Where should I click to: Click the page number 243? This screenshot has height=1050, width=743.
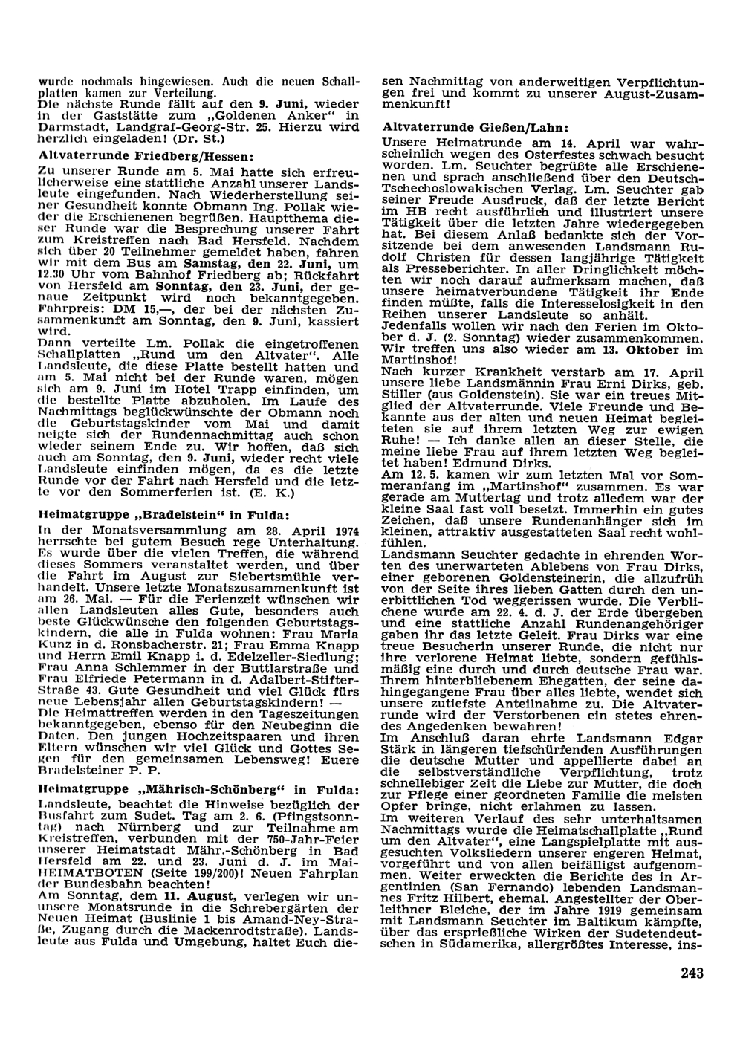point(690,973)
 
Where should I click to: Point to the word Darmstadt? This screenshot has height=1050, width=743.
point(69,127)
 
